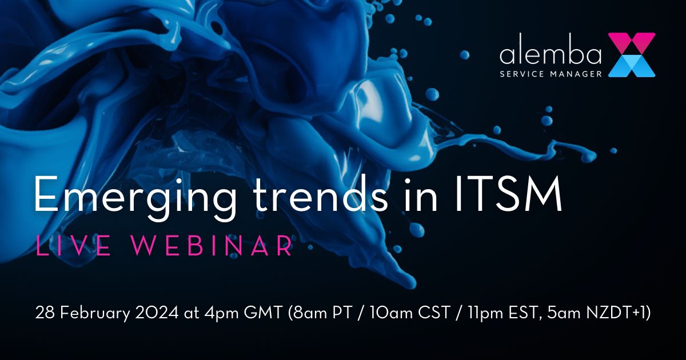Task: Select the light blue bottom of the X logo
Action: click(x=631, y=67)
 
